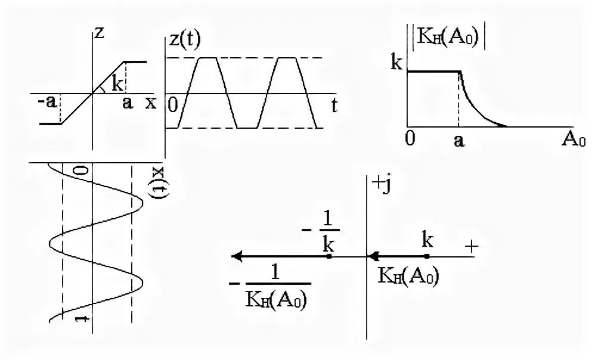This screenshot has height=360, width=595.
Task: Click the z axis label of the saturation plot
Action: pos(100,33)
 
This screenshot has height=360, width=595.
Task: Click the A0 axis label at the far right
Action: pos(574,141)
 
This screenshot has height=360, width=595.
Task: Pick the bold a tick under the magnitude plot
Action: pos(458,141)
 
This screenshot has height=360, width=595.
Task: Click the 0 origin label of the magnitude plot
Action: pos(410,139)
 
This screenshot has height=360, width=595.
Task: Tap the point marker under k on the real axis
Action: pos(427,256)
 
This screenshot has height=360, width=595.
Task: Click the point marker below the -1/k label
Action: pos(329,256)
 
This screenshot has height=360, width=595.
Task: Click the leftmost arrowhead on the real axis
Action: pos(236,256)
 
